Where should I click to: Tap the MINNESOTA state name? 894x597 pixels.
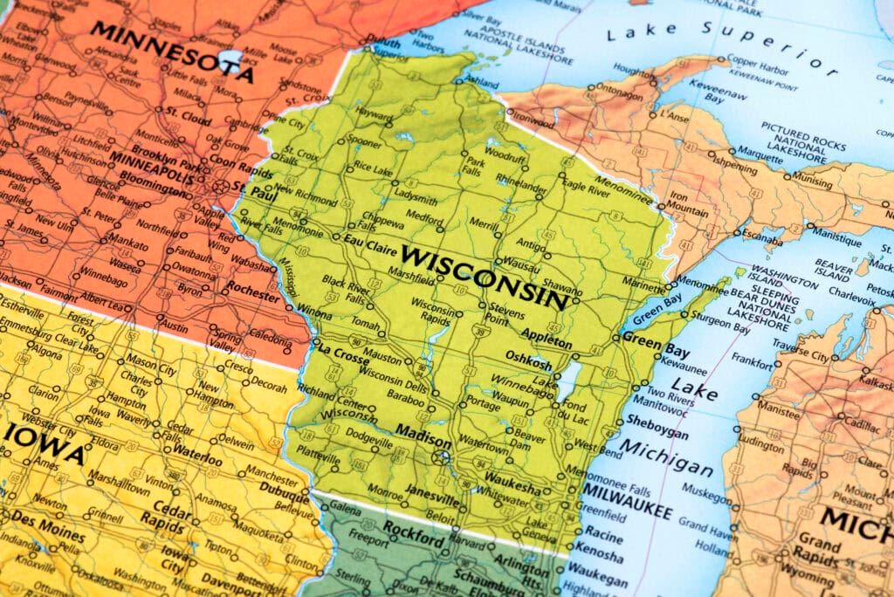(x=172, y=51)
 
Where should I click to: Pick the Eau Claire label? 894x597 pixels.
(x=365, y=241)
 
